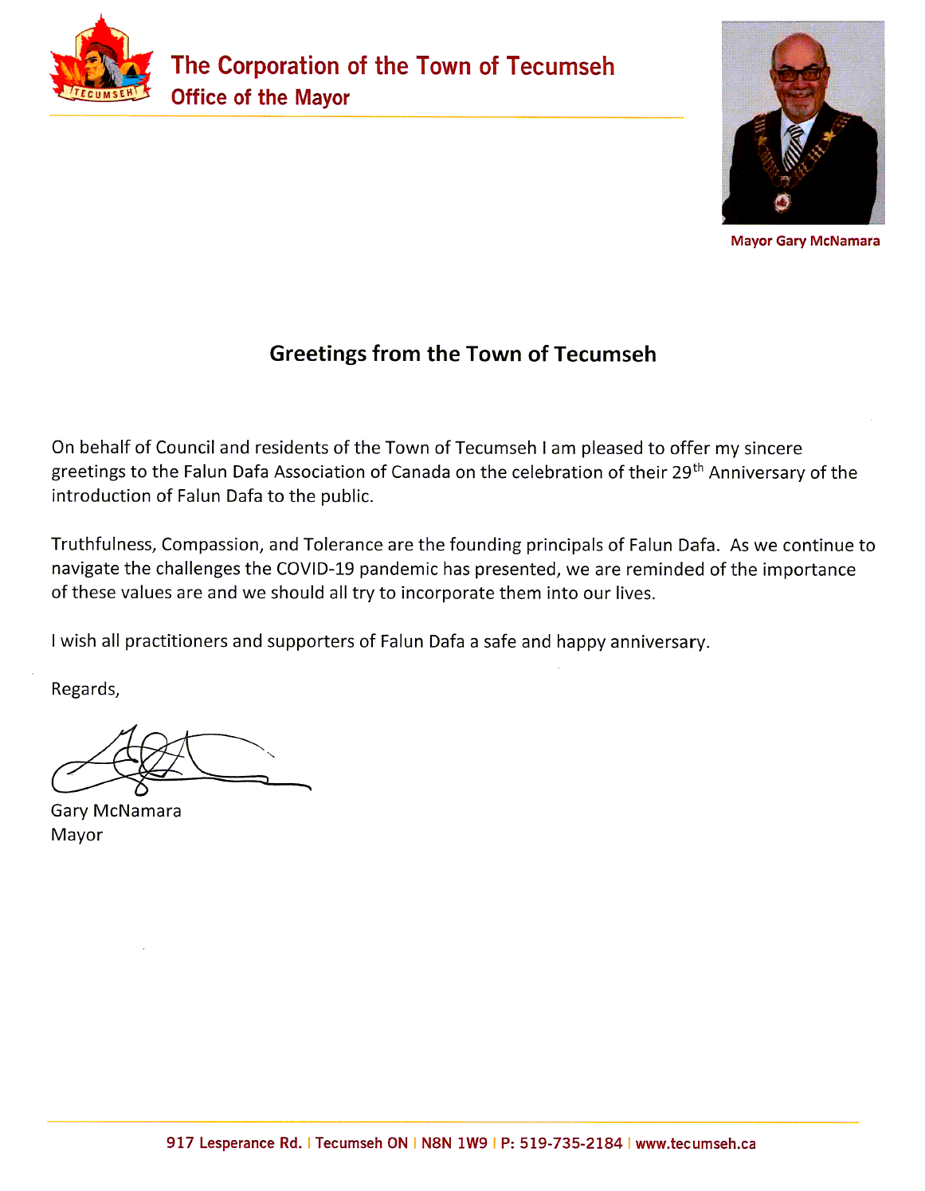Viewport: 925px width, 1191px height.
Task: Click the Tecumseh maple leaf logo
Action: [x=100, y=64]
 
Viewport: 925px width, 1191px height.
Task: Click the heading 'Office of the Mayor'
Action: [x=260, y=98]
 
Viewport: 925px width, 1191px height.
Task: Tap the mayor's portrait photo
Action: [x=802, y=123]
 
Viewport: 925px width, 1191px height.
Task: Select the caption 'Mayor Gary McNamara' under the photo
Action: [x=805, y=241]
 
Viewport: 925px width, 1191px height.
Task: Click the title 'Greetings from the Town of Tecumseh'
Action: [x=462, y=354]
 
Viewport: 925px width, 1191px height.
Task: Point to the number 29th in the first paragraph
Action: [x=687, y=471]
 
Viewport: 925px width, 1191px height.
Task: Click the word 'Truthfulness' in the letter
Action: [x=104, y=545]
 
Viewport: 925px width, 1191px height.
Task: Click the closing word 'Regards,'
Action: [x=85, y=689]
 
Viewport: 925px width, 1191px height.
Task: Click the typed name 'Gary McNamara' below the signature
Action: [x=116, y=811]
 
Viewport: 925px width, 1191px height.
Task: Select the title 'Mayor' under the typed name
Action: [x=77, y=835]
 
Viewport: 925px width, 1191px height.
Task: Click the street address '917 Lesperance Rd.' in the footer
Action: [x=234, y=1143]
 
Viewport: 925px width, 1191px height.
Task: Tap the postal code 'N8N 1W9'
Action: [x=454, y=1143]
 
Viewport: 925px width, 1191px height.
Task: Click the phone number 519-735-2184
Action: [x=570, y=1143]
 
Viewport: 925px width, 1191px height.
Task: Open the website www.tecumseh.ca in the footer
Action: [x=696, y=1143]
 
